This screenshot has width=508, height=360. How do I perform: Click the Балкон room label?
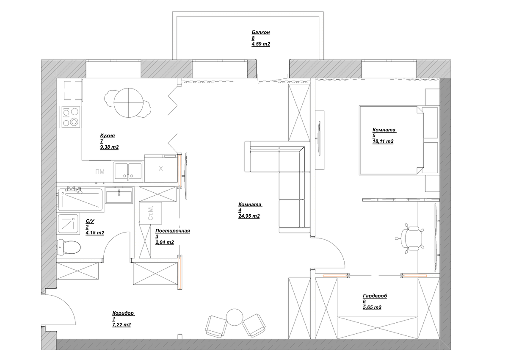point(261,33)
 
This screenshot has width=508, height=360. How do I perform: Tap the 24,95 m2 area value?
point(249,216)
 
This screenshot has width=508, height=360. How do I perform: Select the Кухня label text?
point(107,136)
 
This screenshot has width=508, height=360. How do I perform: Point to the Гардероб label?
point(375,296)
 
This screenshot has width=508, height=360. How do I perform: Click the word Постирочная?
point(173,231)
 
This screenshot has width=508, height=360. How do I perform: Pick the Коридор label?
point(123,313)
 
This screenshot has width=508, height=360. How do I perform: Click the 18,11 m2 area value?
point(383,141)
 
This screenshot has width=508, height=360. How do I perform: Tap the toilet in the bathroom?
point(68,247)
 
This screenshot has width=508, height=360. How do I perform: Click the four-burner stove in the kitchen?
point(71,117)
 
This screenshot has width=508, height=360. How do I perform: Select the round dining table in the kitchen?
point(129,103)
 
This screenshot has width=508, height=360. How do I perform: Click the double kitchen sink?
point(128,172)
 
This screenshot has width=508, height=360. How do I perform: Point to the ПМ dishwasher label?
point(100,172)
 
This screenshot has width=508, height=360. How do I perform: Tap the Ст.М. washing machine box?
point(151,213)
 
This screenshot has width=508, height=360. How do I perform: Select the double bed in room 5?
point(392,140)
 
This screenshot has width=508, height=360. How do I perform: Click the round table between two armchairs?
point(235,317)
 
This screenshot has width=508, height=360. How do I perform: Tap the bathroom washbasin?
point(119,195)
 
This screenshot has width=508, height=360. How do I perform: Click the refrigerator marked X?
point(161,168)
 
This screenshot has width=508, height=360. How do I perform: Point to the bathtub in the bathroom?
point(80,200)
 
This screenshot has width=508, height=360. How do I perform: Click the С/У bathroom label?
point(90,221)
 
